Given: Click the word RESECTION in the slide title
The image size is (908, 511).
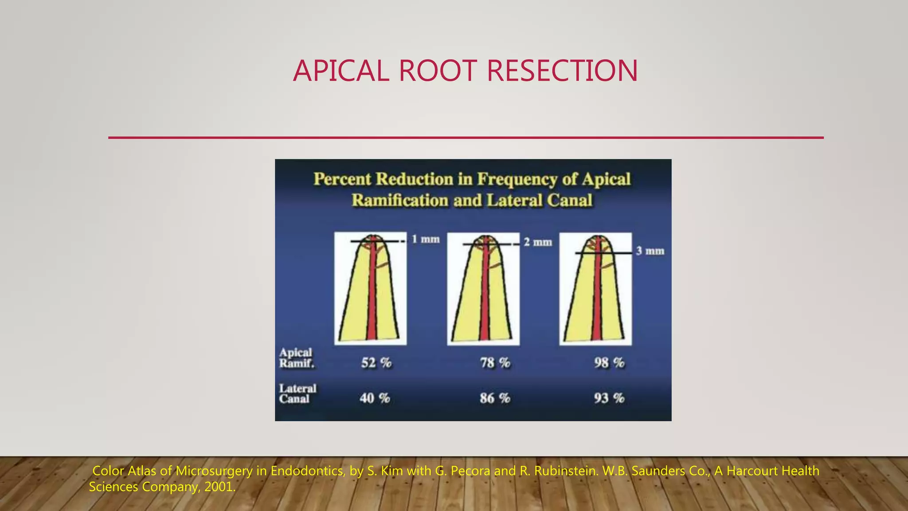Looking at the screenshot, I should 562,71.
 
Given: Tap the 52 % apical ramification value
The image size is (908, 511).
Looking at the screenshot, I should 376,363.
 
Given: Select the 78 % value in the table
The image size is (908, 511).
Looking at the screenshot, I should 495,363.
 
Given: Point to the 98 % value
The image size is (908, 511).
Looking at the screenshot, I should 609,363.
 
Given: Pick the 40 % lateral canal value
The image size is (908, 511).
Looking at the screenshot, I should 375,398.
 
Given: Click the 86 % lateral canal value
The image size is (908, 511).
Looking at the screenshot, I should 495,398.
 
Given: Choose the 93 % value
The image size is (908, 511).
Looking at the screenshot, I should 609,398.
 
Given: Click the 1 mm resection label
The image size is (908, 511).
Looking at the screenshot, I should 426,240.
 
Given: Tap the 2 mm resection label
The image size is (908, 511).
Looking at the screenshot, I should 538,242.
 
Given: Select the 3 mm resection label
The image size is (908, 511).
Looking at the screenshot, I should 650,251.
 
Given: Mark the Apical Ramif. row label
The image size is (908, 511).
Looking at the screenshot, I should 296,358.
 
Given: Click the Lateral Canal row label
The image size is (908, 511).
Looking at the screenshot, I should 297,393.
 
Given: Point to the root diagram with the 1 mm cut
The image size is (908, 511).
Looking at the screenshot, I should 370,288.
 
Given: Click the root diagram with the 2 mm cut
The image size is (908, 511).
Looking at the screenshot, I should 483,288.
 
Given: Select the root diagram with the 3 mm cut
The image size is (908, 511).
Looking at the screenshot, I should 595,288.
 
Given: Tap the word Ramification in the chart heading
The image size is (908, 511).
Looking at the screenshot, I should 400,200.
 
